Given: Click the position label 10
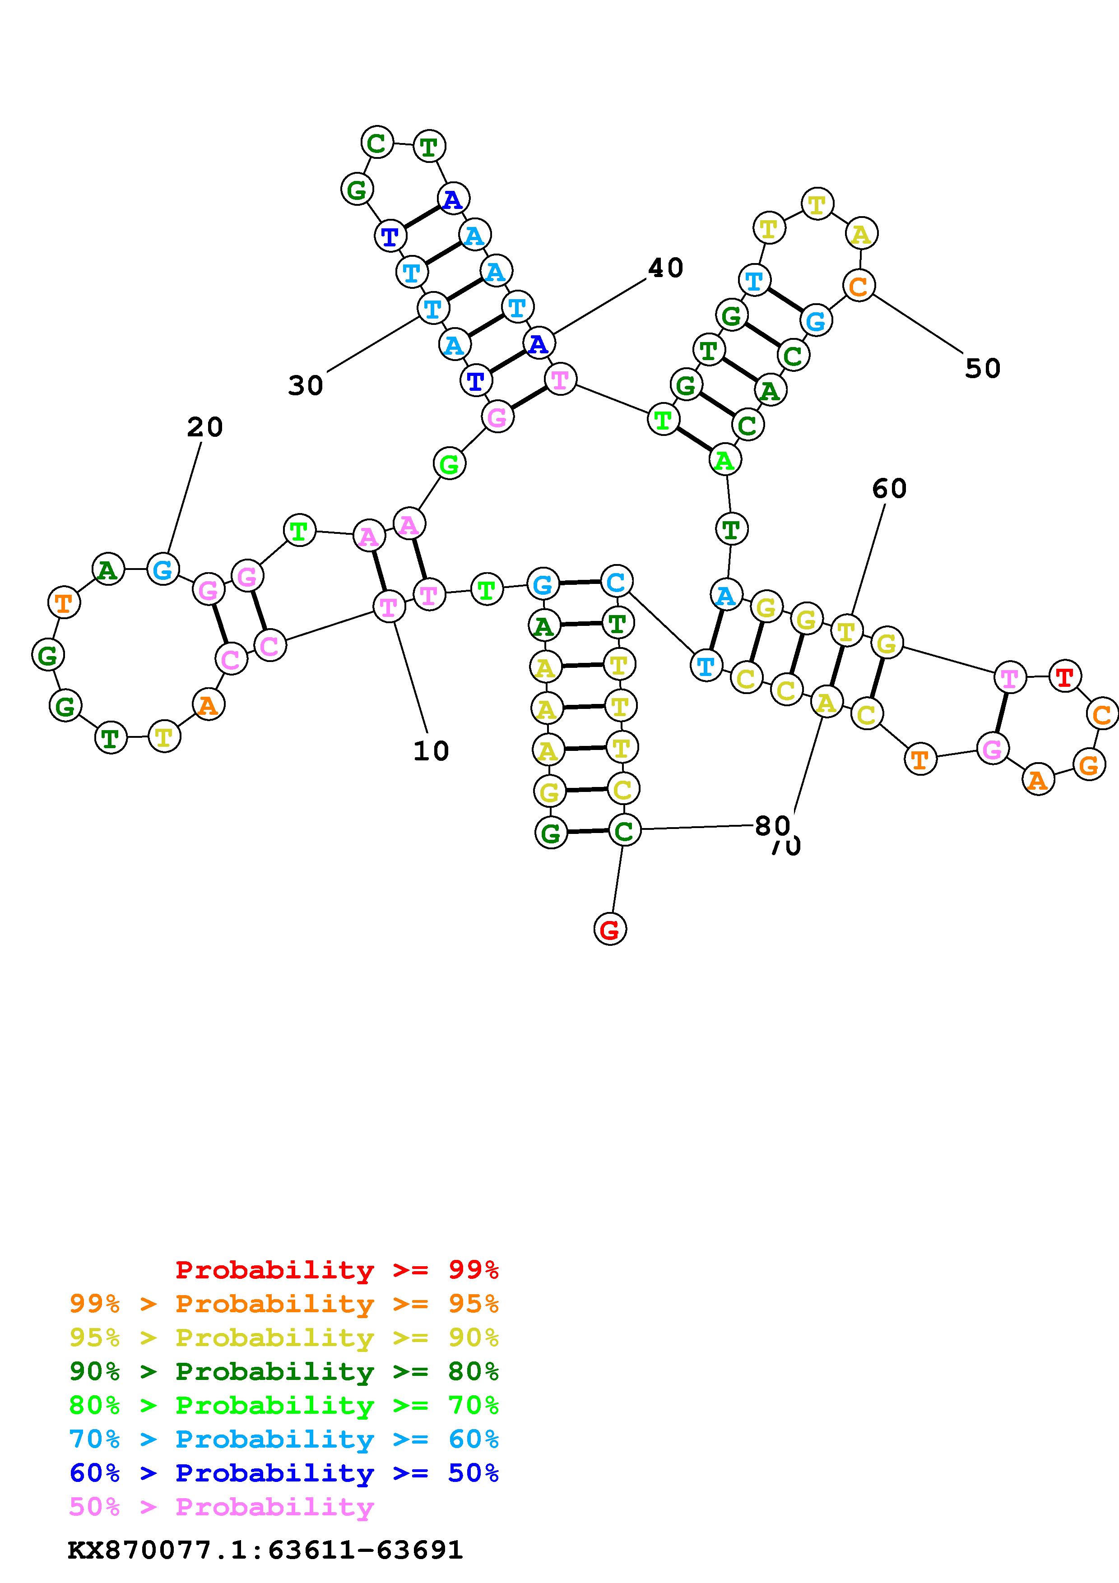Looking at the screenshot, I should coord(431,751).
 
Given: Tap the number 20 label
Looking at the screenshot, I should coord(205,427).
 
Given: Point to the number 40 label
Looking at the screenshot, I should coord(665,268).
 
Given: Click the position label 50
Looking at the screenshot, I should coord(983,369).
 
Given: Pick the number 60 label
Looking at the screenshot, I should coord(889,489).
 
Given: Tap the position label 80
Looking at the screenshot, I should coord(771,825).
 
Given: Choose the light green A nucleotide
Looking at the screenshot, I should coord(724,460).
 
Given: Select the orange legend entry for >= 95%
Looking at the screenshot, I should coord(284,1304).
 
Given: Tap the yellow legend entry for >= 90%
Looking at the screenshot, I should coord(284,1338).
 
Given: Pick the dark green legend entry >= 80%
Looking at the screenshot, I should coord(284,1371).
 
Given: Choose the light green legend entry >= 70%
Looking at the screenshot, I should coord(284,1405).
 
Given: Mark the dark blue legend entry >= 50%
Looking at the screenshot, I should coord(284,1473).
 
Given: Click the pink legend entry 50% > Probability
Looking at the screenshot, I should coord(221,1506).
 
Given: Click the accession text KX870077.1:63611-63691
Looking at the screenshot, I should coord(265,1550).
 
